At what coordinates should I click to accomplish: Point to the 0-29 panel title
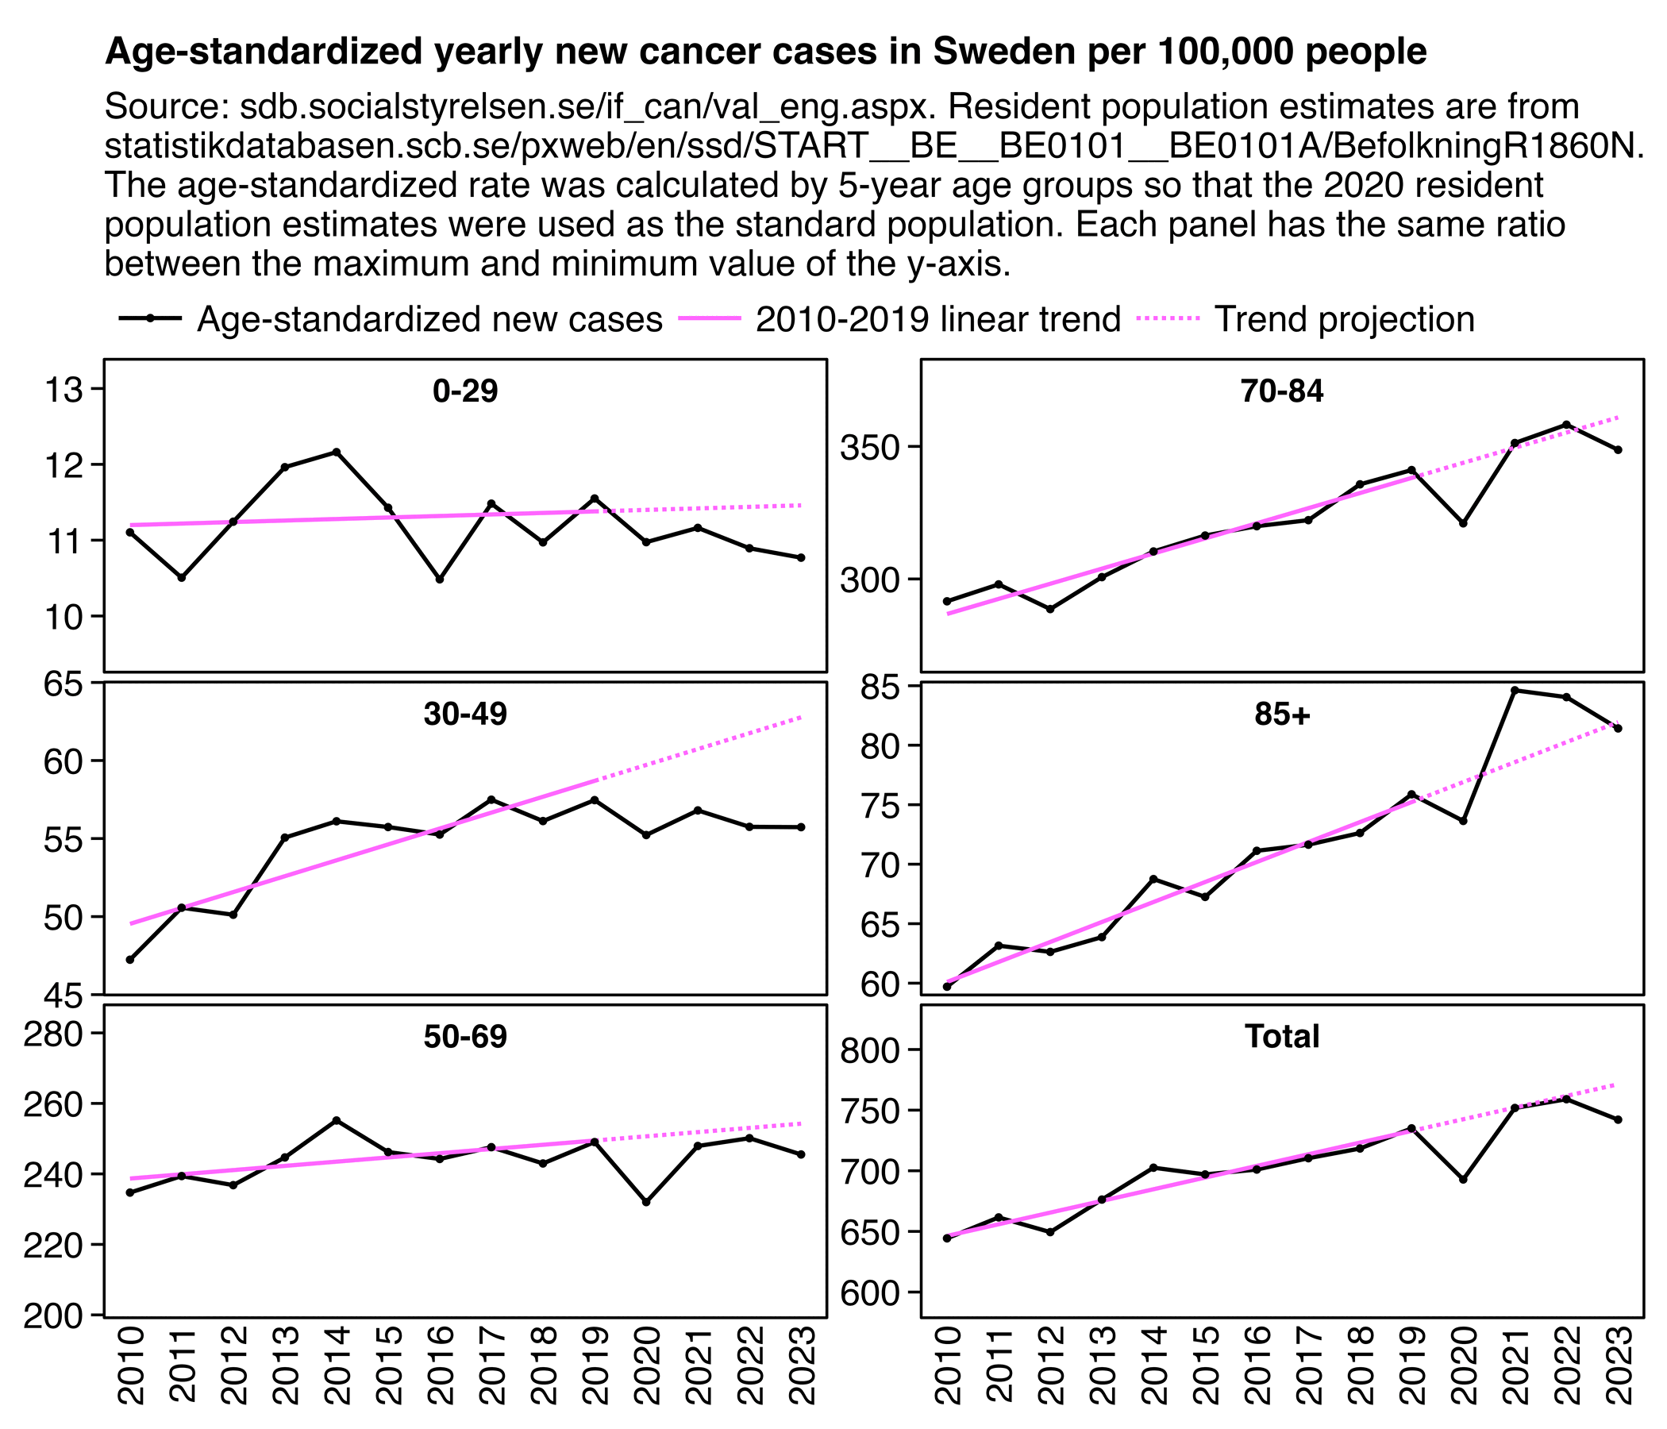click(465, 391)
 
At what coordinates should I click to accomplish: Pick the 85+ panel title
click(1282, 714)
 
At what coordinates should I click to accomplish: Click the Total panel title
click(1282, 1036)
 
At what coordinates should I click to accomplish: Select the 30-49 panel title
click(465, 714)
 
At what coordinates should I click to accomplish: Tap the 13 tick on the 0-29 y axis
click(64, 390)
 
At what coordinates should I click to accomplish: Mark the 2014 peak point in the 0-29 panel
click(337, 453)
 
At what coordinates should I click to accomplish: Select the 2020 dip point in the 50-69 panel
click(646, 1202)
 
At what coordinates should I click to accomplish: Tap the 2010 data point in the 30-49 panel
click(130, 959)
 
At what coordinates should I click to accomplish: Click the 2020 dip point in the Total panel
click(1463, 1180)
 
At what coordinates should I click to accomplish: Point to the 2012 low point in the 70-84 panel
click(1050, 609)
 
